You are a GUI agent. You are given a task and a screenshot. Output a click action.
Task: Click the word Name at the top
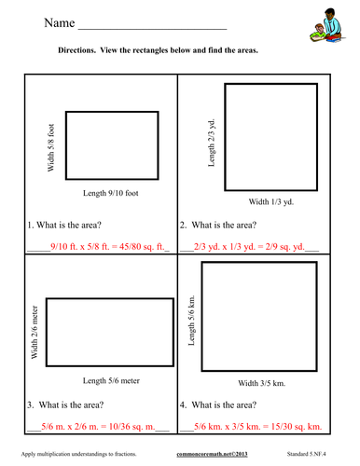point(60,22)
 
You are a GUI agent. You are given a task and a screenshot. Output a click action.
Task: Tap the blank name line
point(152,29)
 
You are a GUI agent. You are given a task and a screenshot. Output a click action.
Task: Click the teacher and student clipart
point(327,25)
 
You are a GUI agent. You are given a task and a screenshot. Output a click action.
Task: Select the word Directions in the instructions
point(76,50)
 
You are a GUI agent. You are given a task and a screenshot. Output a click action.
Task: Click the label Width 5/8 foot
point(50,147)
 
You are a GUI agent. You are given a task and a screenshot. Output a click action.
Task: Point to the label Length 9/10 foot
point(111,193)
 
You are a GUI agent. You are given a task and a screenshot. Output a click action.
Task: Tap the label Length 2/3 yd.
point(212,143)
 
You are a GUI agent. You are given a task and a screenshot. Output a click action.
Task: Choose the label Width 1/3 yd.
point(271,202)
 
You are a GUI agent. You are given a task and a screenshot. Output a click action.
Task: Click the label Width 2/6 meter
point(35,332)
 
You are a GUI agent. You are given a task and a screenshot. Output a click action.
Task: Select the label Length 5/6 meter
point(111,380)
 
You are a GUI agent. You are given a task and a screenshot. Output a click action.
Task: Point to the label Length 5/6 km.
point(191,321)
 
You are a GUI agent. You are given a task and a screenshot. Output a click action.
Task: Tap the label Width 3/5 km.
point(262,383)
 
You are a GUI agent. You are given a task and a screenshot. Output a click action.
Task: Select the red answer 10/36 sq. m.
point(132,426)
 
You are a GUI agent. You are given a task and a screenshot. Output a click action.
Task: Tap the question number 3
point(31,404)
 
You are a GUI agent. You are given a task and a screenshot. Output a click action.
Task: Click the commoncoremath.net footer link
point(212,454)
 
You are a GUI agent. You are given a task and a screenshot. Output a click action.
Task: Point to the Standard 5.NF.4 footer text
point(306,454)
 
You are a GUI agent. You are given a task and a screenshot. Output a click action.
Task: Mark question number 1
point(31,225)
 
